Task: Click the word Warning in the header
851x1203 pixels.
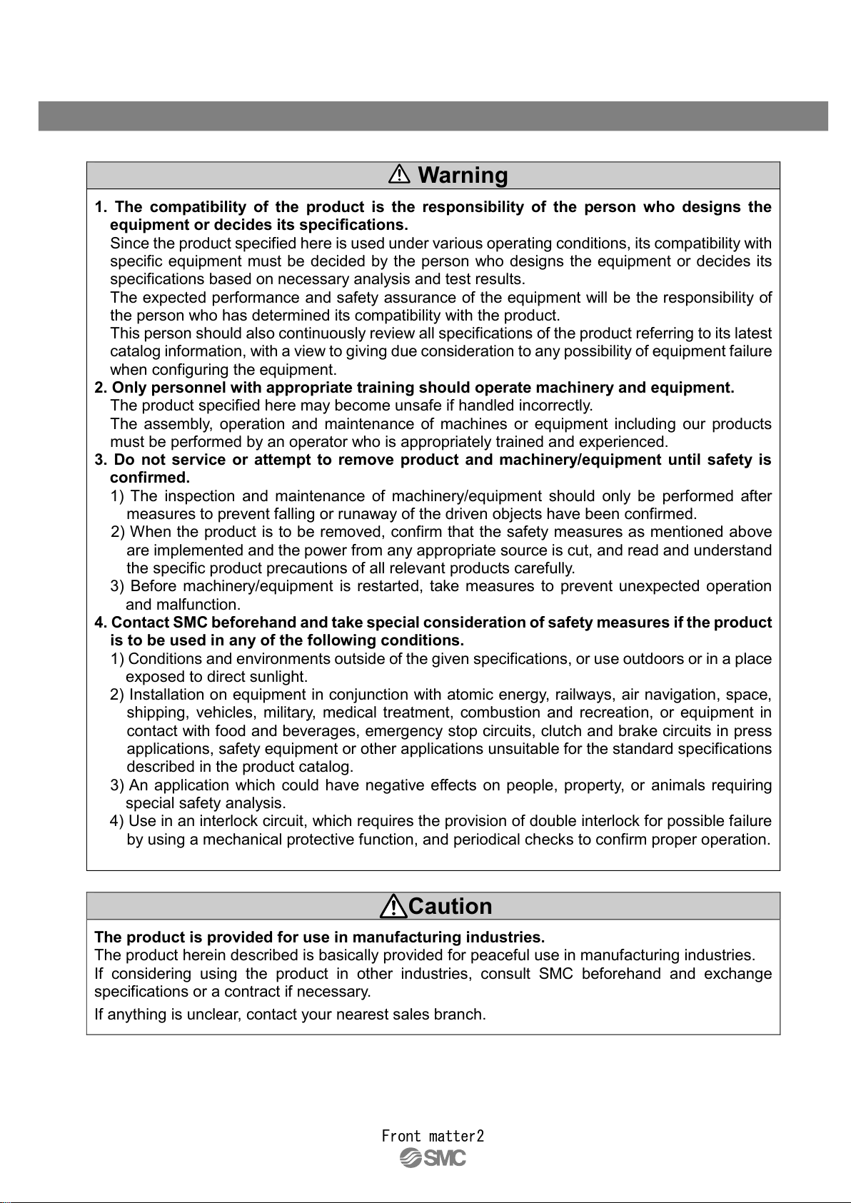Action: click(x=463, y=176)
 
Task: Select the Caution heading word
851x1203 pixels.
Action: click(x=450, y=907)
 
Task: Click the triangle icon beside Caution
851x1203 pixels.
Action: click(x=393, y=907)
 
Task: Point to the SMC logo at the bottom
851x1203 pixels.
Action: click(x=433, y=1158)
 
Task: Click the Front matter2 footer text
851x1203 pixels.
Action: click(x=433, y=1136)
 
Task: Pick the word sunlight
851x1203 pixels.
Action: click(x=278, y=677)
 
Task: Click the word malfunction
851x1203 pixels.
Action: click(x=198, y=605)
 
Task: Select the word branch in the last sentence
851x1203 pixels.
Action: click(x=459, y=1015)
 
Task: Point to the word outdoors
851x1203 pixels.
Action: click(x=653, y=659)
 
